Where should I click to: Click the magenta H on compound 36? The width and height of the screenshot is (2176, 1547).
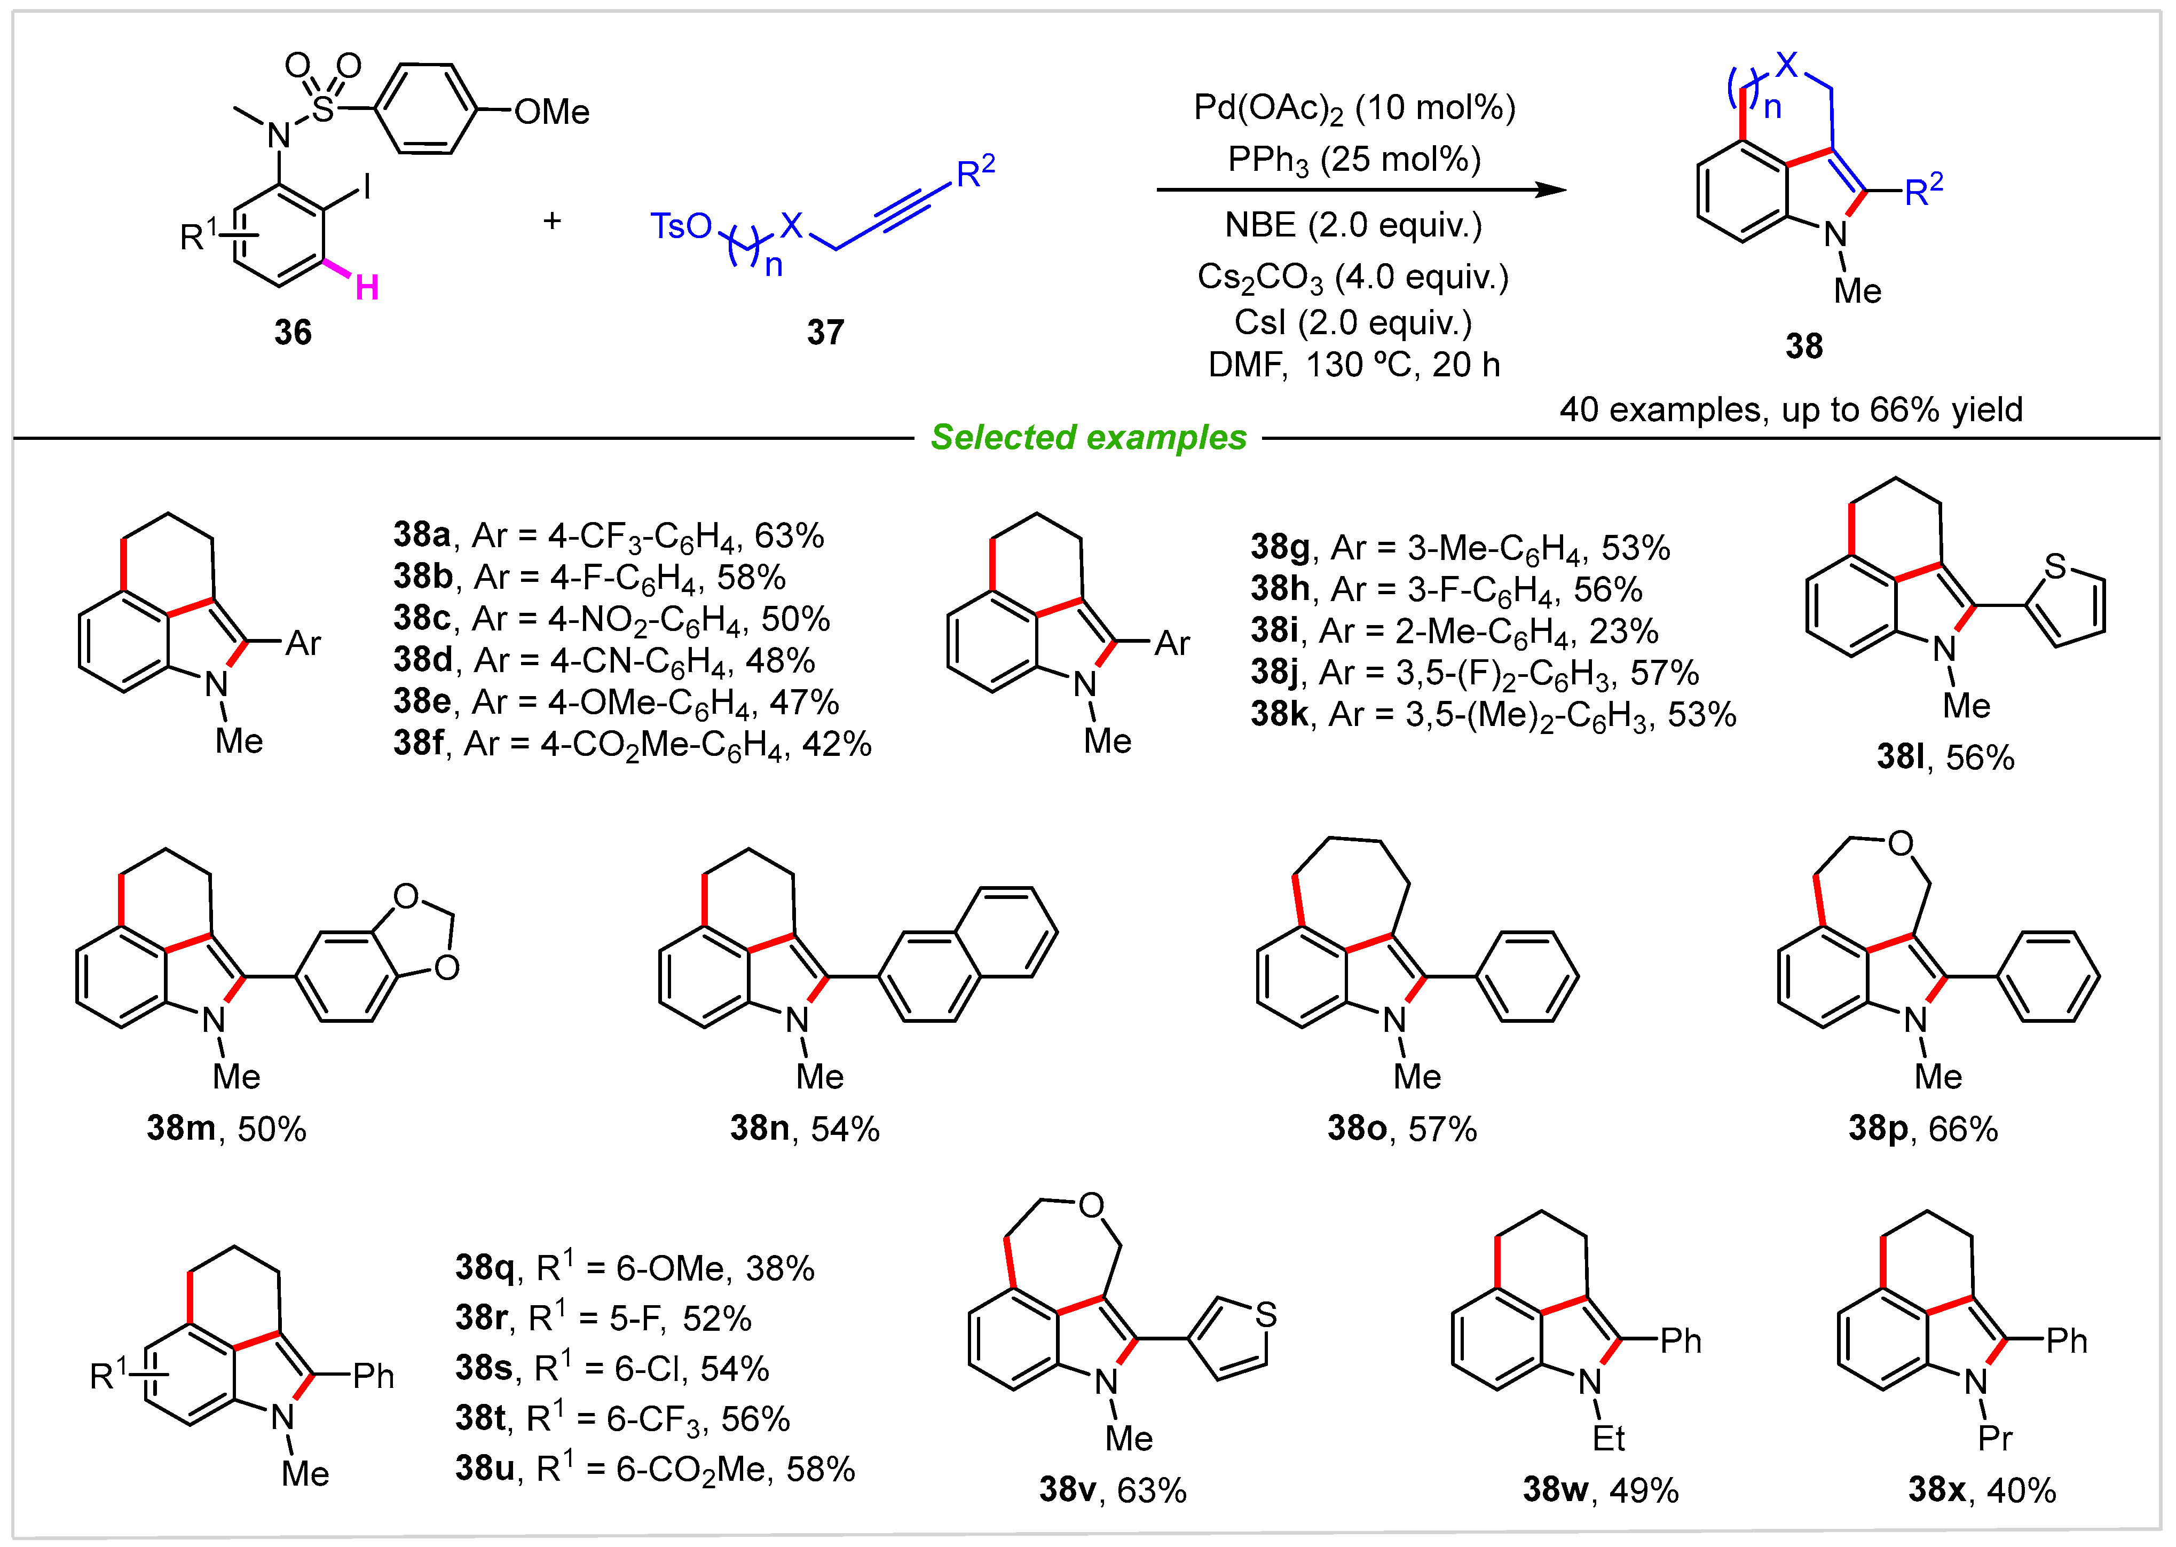click(x=367, y=287)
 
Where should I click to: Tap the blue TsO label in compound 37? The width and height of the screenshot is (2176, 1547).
click(x=680, y=227)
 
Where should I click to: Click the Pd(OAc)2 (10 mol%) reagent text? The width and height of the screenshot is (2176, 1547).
click(x=1354, y=108)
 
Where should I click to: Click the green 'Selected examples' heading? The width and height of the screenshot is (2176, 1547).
click(x=1088, y=437)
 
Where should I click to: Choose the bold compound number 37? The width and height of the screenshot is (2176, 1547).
click(x=825, y=333)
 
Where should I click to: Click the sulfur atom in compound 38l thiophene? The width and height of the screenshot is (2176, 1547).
click(x=2055, y=567)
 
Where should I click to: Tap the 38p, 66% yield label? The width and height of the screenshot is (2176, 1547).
click(x=1922, y=1129)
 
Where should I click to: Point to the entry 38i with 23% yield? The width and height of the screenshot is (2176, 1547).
click(x=1454, y=630)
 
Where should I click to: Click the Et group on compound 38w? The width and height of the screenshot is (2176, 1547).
click(x=1608, y=1438)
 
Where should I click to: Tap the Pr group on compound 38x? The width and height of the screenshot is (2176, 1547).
click(x=1995, y=1438)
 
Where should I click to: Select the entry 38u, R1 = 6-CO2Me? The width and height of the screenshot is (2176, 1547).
click(x=655, y=1469)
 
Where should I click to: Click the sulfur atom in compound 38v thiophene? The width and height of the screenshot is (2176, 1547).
click(x=1265, y=1315)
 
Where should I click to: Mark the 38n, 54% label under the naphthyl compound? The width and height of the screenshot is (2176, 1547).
click(x=804, y=1129)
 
